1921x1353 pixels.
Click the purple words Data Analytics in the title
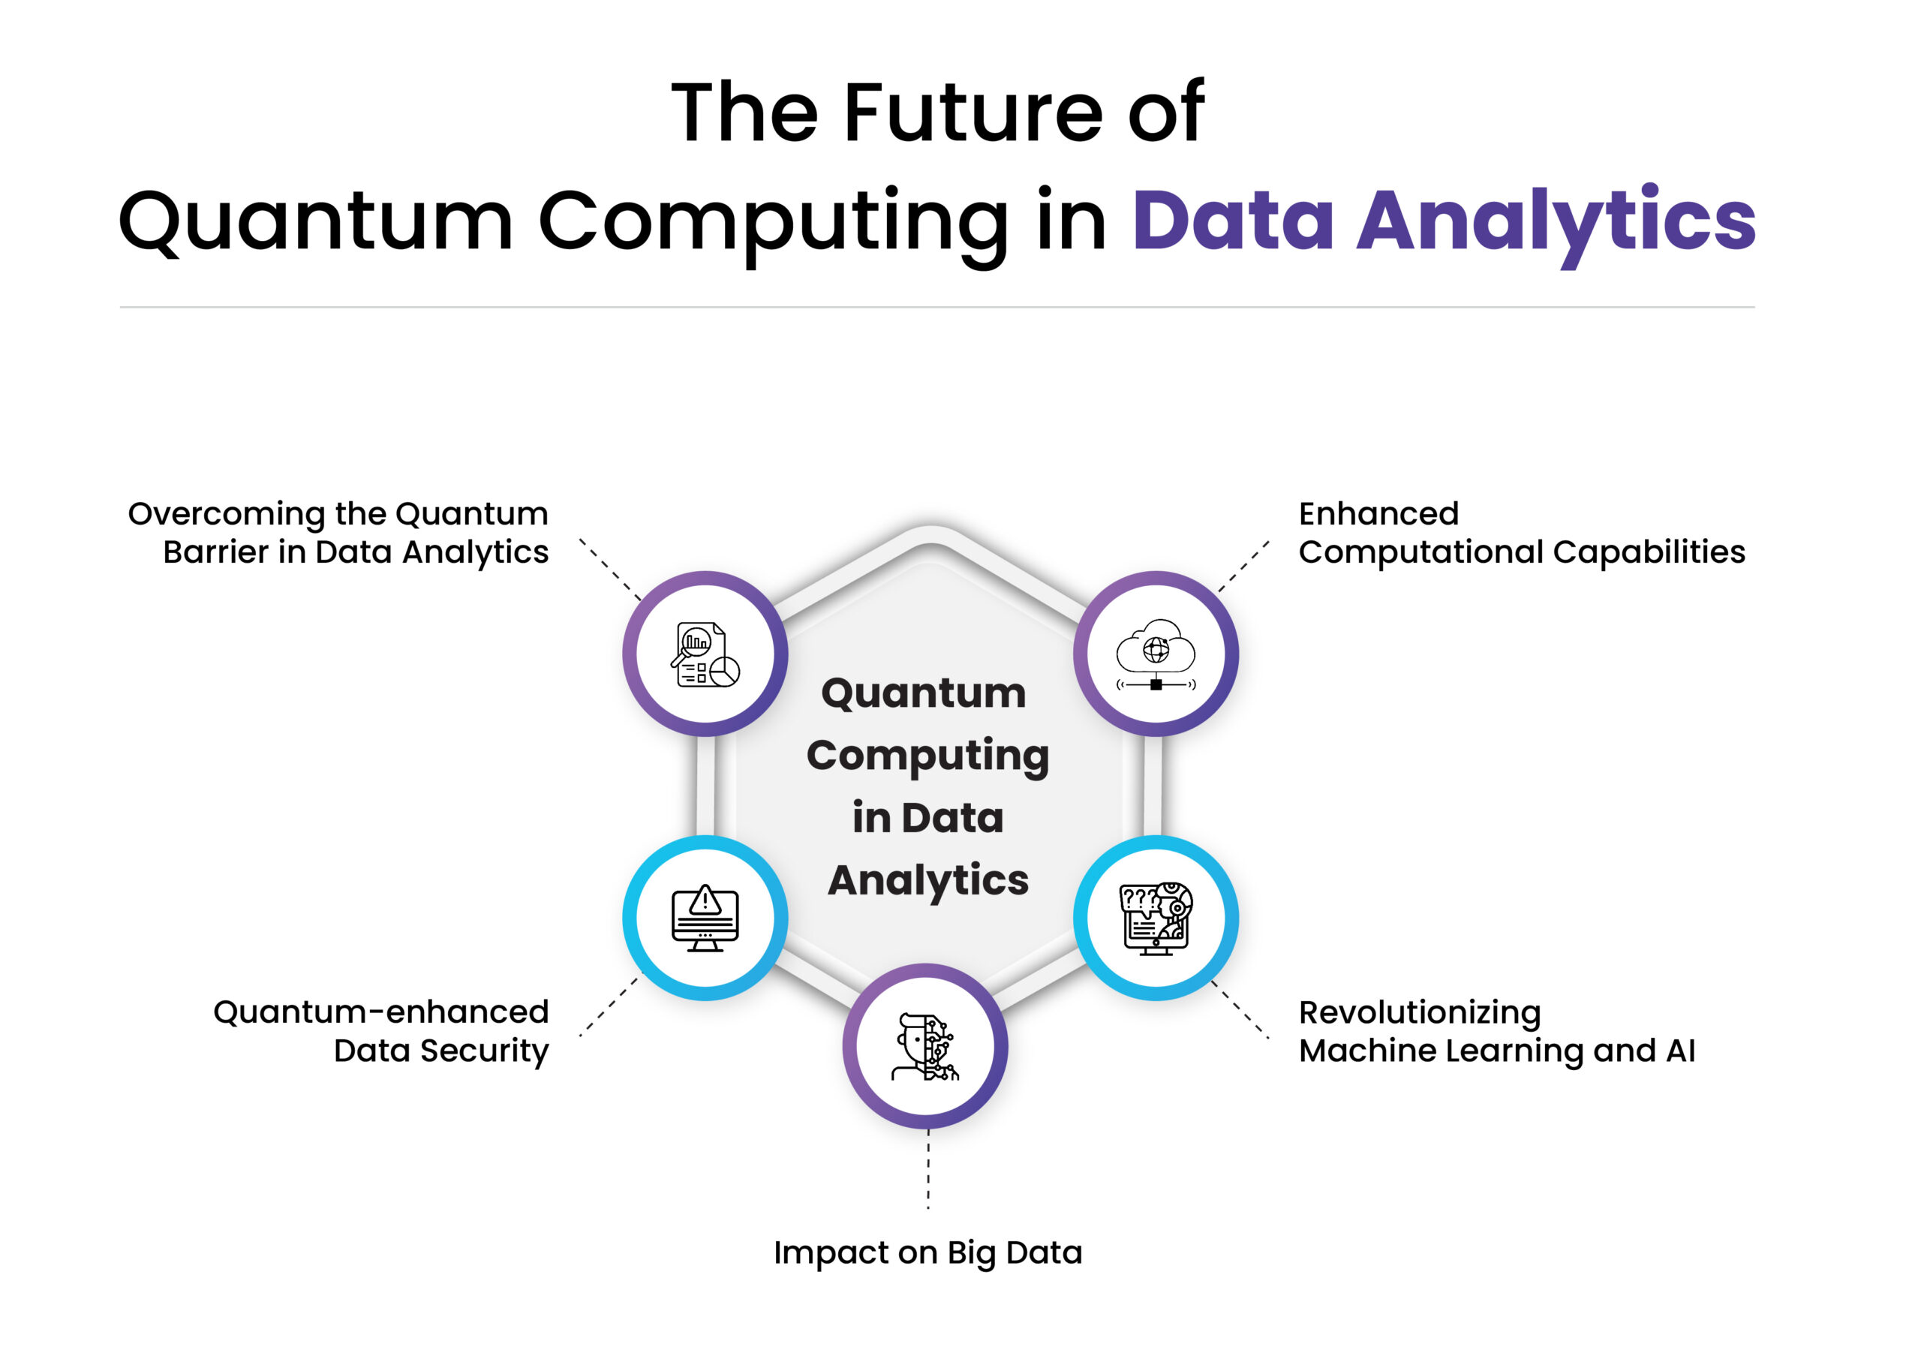[x=1443, y=221]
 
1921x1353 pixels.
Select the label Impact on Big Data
[x=928, y=1253]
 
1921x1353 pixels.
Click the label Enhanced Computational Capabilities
[x=1522, y=533]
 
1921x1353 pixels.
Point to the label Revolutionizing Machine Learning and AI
[x=1498, y=1033]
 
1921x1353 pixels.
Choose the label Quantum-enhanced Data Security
[x=381, y=1033]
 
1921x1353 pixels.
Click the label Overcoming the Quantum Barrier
[x=338, y=533]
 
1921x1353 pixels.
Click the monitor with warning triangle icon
[x=705, y=918]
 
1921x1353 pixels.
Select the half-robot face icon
[x=925, y=1047]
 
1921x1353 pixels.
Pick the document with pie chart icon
[x=705, y=655]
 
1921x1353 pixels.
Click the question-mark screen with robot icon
[x=1156, y=918]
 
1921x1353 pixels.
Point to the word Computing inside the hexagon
[x=928, y=756]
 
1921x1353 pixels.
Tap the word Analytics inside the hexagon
[x=928, y=881]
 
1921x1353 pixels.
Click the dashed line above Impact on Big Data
[x=928, y=1169]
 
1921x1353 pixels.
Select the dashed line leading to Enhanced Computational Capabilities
[x=1243, y=567]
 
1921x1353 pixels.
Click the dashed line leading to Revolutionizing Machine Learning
[x=1240, y=1009]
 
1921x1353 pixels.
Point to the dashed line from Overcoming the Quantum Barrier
[x=610, y=569]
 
